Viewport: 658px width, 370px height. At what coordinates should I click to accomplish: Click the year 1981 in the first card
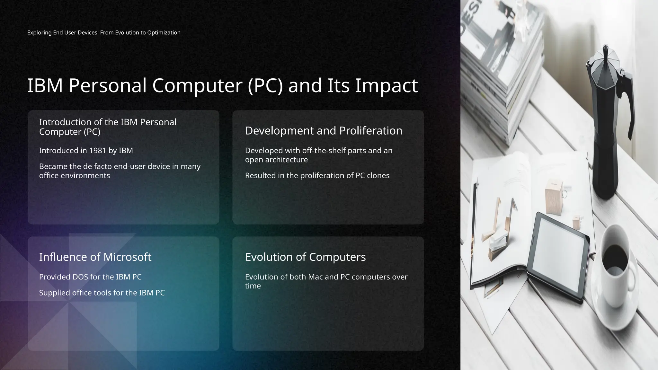click(98, 151)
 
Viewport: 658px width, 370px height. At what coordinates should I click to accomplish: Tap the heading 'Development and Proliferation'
click(324, 131)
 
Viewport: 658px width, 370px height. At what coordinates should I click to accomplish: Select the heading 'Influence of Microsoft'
click(95, 257)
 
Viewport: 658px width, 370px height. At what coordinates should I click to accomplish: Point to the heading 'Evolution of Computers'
click(305, 257)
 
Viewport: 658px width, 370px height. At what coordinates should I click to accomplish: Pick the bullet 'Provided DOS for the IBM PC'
click(90, 277)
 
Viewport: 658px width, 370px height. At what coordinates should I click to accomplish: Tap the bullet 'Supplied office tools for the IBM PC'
click(102, 293)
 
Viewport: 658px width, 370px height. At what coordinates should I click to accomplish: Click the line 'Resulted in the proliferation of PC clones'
click(317, 176)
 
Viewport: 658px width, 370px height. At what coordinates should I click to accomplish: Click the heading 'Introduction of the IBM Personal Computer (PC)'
click(108, 127)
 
